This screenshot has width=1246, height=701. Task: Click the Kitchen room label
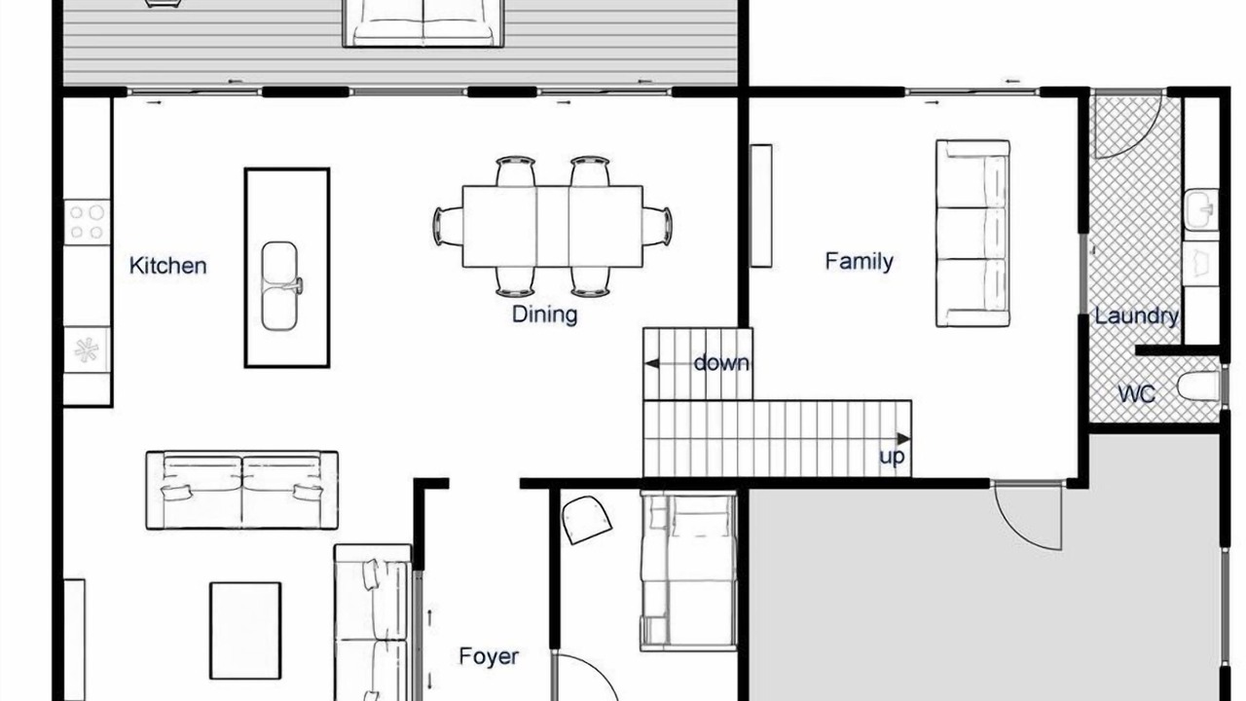pyautogui.click(x=168, y=266)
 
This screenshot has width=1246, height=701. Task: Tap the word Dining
pyautogui.click(x=544, y=314)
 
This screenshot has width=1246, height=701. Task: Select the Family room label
pyautogui.click(x=859, y=262)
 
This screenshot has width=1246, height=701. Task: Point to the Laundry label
pyautogui.click(x=1136, y=316)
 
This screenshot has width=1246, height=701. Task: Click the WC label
pyautogui.click(x=1136, y=394)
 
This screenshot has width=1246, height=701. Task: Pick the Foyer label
pyautogui.click(x=489, y=656)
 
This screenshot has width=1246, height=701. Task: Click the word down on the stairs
pyautogui.click(x=721, y=363)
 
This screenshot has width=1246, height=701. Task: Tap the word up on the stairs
pyautogui.click(x=892, y=458)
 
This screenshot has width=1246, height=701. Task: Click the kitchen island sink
pyautogui.click(x=279, y=285)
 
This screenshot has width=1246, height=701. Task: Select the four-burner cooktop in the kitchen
pyautogui.click(x=88, y=222)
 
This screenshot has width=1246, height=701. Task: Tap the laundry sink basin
pyautogui.click(x=1201, y=209)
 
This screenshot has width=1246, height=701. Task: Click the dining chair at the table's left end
pyautogui.click(x=449, y=227)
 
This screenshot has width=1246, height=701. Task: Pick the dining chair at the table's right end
pyautogui.click(x=657, y=227)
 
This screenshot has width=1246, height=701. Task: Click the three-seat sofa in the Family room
pyautogui.click(x=972, y=233)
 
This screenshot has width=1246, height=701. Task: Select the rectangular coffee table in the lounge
pyautogui.click(x=245, y=631)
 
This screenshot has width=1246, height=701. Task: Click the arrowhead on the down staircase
pyautogui.click(x=652, y=364)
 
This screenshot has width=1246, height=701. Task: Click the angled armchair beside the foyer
pyautogui.click(x=587, y=520)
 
